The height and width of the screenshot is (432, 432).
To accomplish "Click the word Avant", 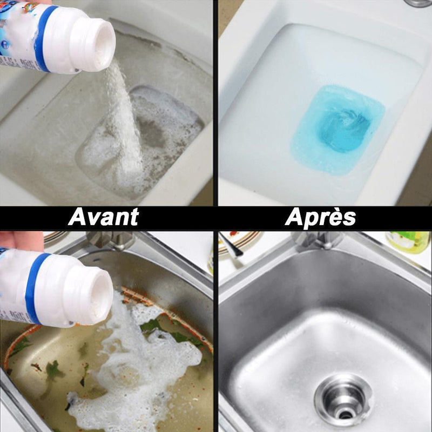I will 103,217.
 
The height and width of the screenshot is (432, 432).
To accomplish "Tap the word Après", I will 320,217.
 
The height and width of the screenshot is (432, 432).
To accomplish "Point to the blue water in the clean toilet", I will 337,129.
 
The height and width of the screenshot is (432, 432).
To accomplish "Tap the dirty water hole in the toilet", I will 143,135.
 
